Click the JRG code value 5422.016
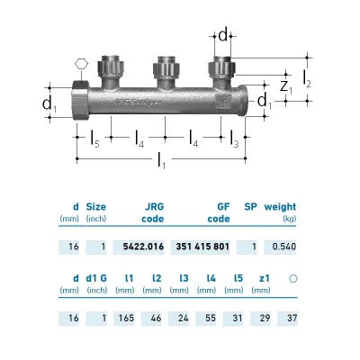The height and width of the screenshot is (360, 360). point(143,247)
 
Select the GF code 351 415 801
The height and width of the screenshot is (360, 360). point(202,247)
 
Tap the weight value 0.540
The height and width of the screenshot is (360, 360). point(284,247)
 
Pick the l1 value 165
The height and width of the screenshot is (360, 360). point(126,318)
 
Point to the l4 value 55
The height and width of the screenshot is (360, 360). point(211,318)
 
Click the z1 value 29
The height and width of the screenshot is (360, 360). point(265,318)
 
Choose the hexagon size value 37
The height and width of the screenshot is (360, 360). point(292,318)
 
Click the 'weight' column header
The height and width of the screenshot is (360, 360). point(280,207)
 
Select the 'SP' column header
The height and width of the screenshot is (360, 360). point(250,207)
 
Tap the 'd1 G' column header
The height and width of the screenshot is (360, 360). point(96,278)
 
